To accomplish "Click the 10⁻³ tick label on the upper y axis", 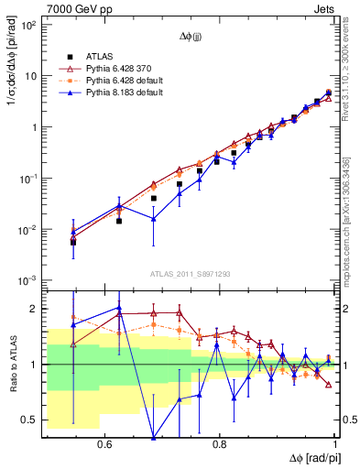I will click(29, 279).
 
